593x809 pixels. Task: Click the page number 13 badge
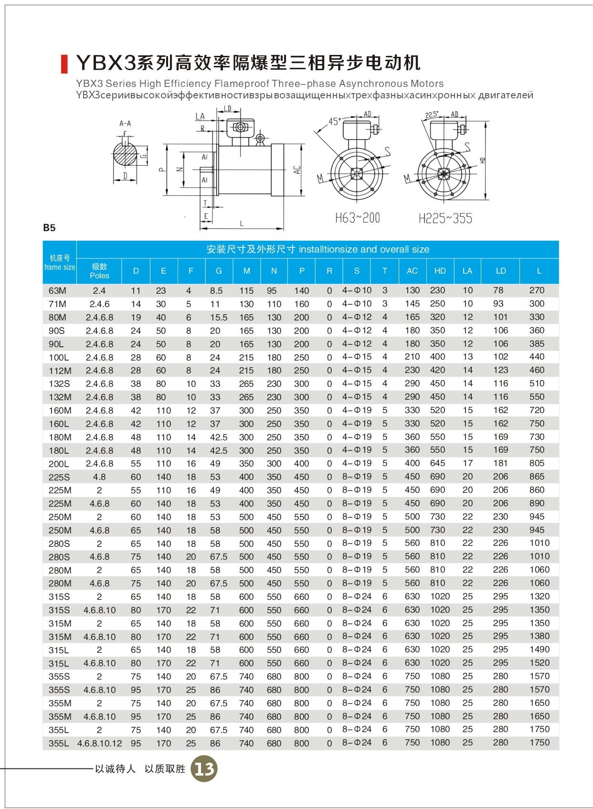204,768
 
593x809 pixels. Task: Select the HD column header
440,271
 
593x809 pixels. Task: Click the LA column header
467,271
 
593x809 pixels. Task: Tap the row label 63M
57,290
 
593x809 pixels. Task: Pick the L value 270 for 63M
537,290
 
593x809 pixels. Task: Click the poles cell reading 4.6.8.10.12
99,743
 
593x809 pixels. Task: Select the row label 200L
59,464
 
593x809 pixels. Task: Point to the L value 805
537,463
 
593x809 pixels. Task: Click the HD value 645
437,463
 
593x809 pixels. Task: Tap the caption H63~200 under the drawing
357,219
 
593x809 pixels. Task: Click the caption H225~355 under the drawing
445,219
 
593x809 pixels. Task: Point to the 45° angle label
334,121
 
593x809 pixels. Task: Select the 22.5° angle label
432,115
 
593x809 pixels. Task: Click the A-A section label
125,124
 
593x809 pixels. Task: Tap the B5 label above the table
49,228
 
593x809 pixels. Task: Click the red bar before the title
64,64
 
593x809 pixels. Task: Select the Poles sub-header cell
99,271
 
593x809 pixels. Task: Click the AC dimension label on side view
297,170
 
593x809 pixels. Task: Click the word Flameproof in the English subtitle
244,84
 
